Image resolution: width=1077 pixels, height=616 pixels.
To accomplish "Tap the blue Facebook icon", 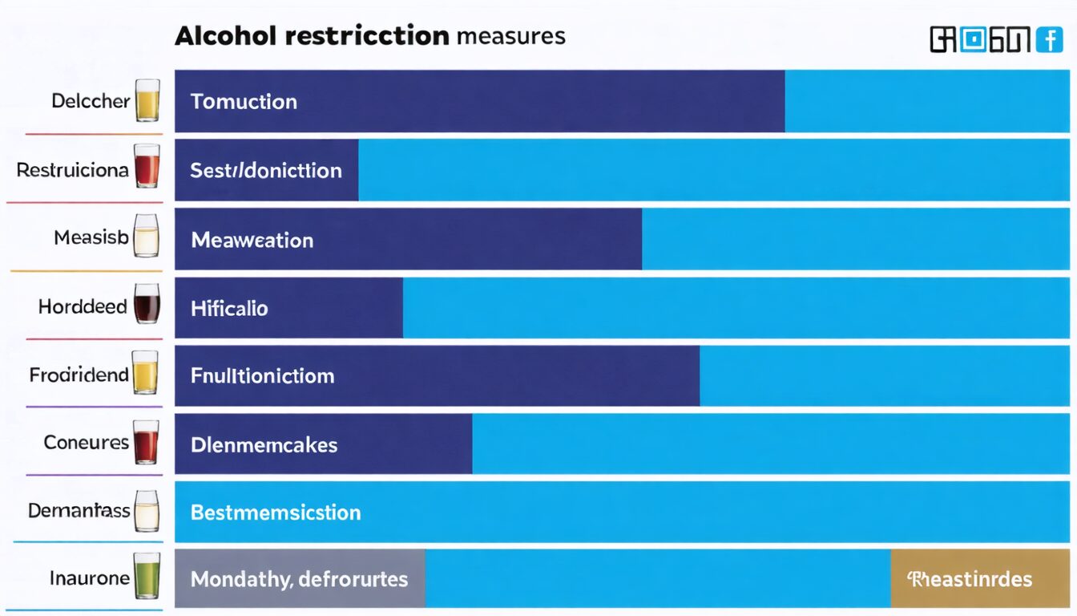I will click(1049, 39).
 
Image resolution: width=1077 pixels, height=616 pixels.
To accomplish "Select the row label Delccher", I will click(90, 101).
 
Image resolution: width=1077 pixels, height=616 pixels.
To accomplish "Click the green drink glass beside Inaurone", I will click(147, 575).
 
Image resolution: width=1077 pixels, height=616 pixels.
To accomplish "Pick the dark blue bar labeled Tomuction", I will click(479, 101).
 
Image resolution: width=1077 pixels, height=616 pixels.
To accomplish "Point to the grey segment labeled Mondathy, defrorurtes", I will click(300, 578).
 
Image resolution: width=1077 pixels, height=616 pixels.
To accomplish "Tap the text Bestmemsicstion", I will click(276, 513).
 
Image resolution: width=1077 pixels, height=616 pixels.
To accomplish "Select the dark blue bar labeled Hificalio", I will click(288, 308).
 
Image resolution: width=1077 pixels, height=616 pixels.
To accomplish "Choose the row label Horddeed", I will click(83, 307).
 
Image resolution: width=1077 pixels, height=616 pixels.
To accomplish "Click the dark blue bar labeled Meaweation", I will click(408, 240).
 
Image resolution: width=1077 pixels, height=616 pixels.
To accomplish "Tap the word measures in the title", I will click(511, 36).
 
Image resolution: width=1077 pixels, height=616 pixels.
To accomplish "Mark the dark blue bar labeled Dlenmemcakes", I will click(323, 445).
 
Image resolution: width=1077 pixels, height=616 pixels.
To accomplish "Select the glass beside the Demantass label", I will click(147, 510).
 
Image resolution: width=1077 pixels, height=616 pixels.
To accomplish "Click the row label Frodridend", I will click(79, 375).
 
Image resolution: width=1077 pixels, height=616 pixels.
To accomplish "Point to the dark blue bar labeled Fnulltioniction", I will click(437, 375).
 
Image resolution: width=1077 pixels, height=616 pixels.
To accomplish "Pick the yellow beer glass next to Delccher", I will click(147, 100).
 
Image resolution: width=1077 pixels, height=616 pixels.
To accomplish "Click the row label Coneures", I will click(86, 443).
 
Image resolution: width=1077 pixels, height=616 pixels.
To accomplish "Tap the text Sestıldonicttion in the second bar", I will click(266, 170).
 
